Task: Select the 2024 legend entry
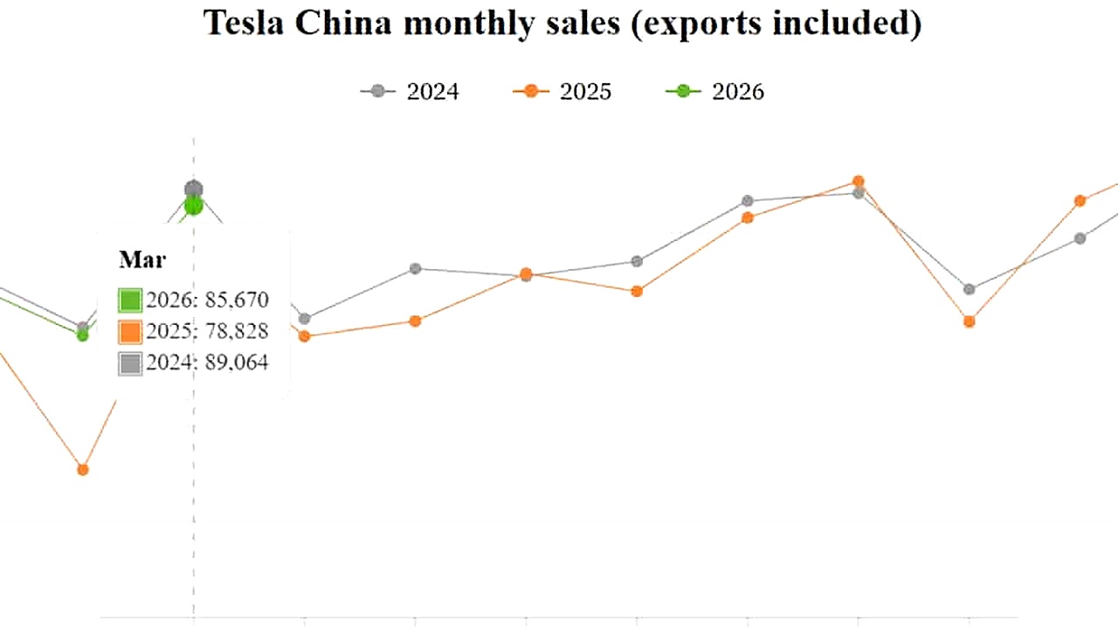click(410, 91)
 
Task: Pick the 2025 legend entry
click(562, 91)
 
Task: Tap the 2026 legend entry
click(715, 91)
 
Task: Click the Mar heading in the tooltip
click(141, 259)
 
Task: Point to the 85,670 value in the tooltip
click(236, 301)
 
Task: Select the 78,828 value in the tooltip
click(236, 332)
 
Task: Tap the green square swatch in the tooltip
click(130, 301)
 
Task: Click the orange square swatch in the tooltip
click(130, 332)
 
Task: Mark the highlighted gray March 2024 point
click(194, 189)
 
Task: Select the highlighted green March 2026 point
click(194, 206)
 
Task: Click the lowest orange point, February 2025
click(83, 470)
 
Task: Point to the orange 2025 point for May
click(415, 321)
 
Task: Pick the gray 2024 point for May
click(415, 268)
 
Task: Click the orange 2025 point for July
click(637, 291)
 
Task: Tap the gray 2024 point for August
click(748, 201)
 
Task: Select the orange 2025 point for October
click(969, 321)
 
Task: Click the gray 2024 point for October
click(969, 289)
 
